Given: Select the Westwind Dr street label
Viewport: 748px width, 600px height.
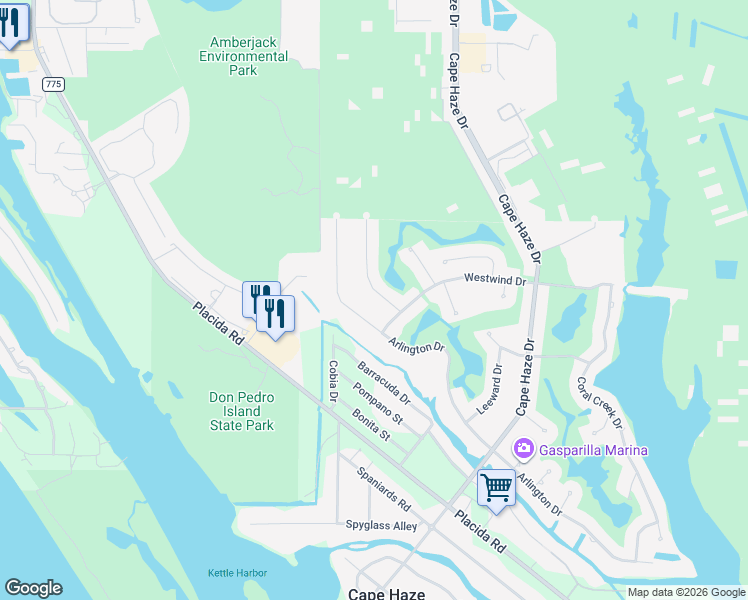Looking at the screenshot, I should coord(494,281).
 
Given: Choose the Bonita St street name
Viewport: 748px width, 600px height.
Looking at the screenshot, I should coord(368,423).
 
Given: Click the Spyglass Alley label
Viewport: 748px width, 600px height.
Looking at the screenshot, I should coord(381,525).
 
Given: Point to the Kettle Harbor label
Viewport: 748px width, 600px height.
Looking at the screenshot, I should coord(233,573).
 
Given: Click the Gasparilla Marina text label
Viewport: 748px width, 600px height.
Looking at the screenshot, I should coord(593,450).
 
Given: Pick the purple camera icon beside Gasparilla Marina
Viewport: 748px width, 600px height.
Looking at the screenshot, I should coord(522,449).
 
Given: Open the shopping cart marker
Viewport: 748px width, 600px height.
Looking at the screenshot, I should coord(495,487).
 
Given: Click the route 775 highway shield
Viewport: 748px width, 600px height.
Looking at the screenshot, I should coord(53,84).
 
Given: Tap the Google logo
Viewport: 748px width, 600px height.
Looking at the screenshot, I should coord(33,588).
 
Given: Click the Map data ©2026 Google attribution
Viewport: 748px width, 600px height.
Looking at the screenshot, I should coord(686,592).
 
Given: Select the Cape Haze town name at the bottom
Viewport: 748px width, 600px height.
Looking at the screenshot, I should coord(386,593).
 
